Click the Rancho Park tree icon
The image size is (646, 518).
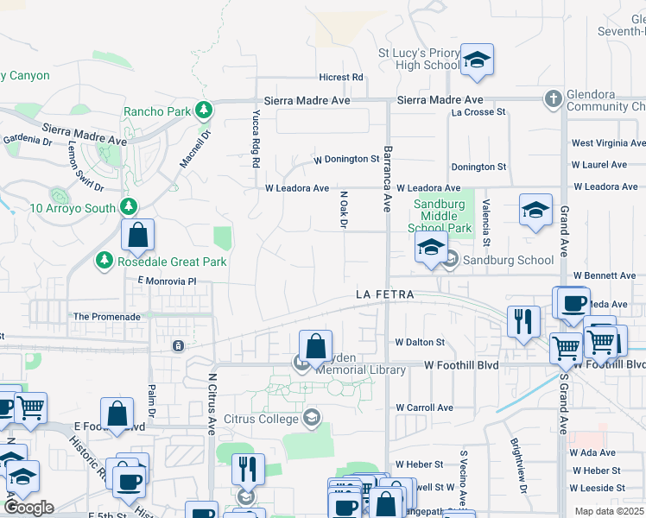[204, 111]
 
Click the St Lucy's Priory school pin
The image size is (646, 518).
[476, 60]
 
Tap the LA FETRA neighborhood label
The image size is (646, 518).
[385, 294]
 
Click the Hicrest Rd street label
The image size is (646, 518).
[340, 78]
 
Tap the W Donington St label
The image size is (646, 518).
[346, 159]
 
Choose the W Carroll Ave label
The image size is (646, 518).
[424, 407]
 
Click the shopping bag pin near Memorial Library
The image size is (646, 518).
[316, 346]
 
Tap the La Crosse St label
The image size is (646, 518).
[478, 112]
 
